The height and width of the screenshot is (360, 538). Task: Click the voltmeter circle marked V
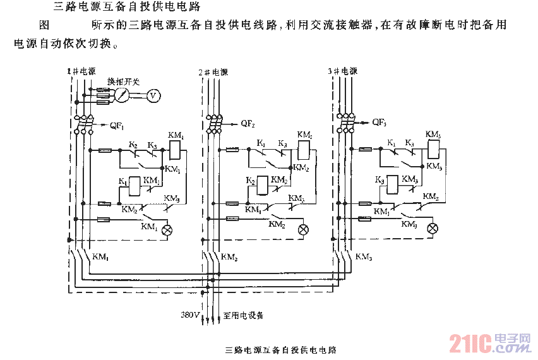coord(152,95)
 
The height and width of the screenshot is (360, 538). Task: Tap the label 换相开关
coord(123,82)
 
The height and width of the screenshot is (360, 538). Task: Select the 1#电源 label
coord(81,72)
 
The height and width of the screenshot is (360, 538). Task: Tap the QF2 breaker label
coord(247,123)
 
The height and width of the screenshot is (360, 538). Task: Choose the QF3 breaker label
coord(379,121)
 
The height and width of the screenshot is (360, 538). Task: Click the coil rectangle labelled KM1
coord(176,149)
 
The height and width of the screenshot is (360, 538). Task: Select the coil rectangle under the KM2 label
coord(304,149)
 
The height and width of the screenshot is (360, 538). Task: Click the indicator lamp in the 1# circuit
coord(167,230)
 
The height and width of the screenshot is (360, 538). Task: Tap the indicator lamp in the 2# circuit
coord(303,229)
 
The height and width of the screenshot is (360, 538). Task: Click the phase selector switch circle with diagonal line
coord(124,95)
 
